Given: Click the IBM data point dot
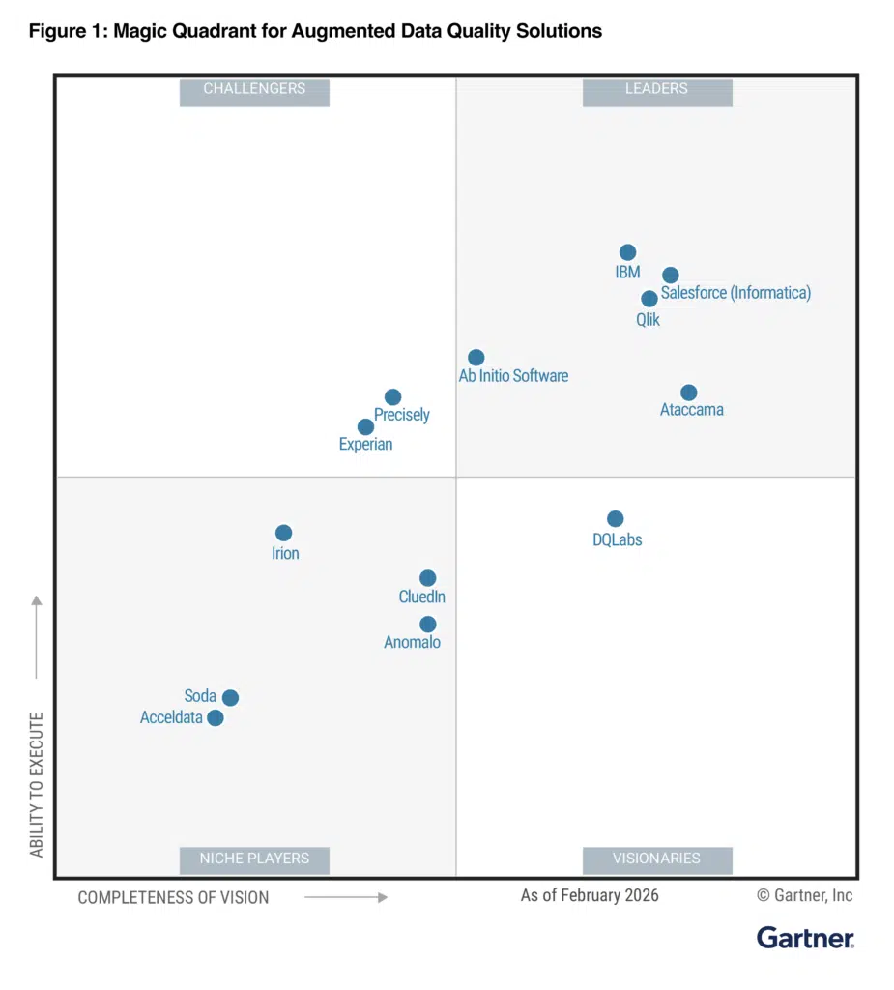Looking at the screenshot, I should tap(627, 252).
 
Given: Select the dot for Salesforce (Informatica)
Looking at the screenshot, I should tap(670, 275).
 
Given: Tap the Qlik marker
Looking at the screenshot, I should tap(649, 299).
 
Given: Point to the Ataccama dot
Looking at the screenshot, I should tap(688, 393).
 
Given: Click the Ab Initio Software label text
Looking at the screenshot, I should tap(513, 376).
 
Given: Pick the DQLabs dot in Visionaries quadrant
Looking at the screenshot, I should tap(615, 519).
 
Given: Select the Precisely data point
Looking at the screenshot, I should tap(392, 397).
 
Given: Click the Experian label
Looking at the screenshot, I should tap(365, 445).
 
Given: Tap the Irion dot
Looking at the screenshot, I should tap(283, 533).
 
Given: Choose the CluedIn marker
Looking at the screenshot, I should tap(427, 578).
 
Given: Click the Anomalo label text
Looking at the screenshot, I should tap(412, 642).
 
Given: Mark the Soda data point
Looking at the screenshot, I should tap(230, 698).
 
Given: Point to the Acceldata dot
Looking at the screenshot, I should tap(216, 717).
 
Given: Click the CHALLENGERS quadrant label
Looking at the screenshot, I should tap(254, 89).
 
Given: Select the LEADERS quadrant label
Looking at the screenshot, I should tap(656, 89).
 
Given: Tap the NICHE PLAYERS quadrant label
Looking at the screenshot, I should tap(254, 859).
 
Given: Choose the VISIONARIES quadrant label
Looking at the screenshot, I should tap(656, 859).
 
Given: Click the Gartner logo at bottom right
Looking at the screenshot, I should tap(805, 937).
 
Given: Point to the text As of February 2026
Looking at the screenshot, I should tap(590, 895).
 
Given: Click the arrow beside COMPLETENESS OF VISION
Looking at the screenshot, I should tap(346, 897).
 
